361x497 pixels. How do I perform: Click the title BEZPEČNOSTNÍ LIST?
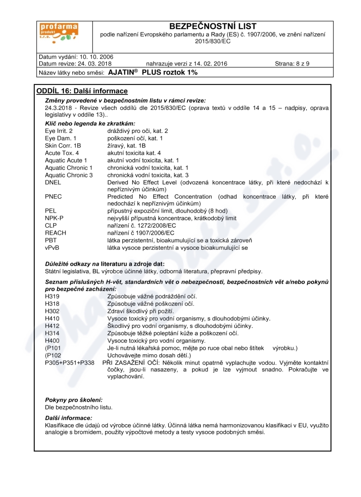(212, 26)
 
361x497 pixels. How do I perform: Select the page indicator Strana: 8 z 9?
(292, 64)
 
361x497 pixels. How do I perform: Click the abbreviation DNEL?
(53, 182)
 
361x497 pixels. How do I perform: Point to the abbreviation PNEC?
(53, 197)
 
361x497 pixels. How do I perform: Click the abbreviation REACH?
(56, 233)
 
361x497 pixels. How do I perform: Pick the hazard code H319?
(52, 296)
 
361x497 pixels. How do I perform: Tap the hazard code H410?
(52, 319)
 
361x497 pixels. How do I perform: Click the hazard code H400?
(52, 340)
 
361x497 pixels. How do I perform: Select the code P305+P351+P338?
(70, 362)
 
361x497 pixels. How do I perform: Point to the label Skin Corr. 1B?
(63, 145)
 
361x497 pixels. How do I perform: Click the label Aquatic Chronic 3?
(69, 175)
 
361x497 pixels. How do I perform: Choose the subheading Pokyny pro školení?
(74, 400)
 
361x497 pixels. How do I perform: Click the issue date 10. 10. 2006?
(96, 57)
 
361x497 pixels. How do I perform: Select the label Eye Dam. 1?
(60, 138)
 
